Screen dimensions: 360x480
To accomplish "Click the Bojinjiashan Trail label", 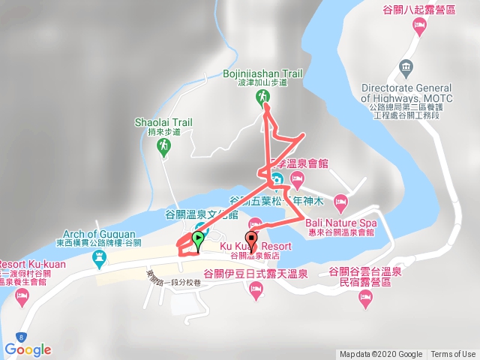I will tap(262, 73).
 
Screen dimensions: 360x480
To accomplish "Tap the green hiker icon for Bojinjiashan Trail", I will tap(263, 97).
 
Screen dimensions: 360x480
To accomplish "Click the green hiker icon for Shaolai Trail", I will tap(163, 148).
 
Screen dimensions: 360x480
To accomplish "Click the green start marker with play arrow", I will tap(198, 241).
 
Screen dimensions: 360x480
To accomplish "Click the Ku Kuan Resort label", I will tap(256, 246).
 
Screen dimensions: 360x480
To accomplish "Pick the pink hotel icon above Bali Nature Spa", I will tap(340, 201).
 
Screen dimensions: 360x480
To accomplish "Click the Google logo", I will tap(28, 349).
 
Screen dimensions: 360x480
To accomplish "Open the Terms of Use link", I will tap(453, 355).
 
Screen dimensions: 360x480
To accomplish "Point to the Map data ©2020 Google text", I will tap(380, 355).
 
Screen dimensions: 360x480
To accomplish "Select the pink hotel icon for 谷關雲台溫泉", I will tap(365, 300).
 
